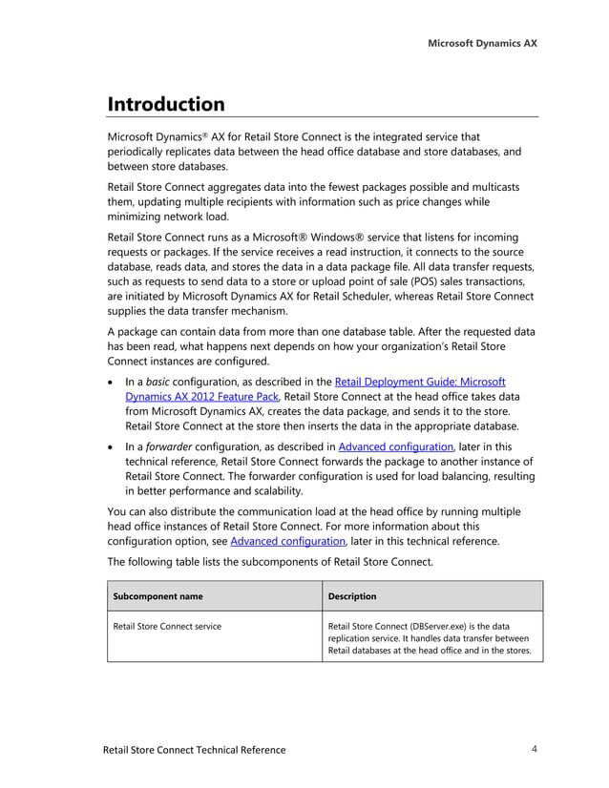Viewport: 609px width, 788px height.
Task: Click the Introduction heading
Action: (x=166, y=104)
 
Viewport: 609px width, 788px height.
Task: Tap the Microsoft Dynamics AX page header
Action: (x=482, y=43)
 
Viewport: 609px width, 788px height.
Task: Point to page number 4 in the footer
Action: (x=535, y=749)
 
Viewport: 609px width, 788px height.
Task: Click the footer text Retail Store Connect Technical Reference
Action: (x=194, y=750)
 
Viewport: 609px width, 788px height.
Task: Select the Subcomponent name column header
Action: (x=157, y=596)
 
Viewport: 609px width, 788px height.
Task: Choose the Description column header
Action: (x=352, y=596)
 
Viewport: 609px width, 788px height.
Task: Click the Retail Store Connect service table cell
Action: (x=167, y=626)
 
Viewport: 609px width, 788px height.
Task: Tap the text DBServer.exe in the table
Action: (x=438, y=626)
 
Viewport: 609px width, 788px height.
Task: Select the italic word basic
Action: (x=159, y=382)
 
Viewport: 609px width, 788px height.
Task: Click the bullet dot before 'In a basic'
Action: (x=113, y=383)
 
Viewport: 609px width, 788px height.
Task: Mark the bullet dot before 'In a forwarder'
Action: (x=113, y=446)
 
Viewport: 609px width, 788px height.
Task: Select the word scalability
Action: (x=272, y=491)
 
